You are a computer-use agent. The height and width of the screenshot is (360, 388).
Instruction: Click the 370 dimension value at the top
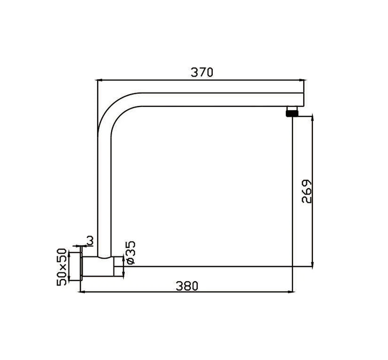click(x=202, y=73)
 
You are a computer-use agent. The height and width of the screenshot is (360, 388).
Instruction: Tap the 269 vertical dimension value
click(x=307, y=191)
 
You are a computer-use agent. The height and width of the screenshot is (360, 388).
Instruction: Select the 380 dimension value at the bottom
click(x=187, y=286)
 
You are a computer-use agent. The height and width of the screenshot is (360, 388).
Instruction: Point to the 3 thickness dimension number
click(x=90, y=240)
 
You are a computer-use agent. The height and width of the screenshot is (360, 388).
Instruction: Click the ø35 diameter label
click(x=131, y=253)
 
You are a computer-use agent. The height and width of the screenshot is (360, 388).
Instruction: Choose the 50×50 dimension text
click(x=62, y=266)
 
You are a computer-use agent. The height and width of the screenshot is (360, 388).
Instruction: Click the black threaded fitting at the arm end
click(x=292, y=112)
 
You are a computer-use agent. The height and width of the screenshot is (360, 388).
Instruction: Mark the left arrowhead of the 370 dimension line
click(x=100, y=80)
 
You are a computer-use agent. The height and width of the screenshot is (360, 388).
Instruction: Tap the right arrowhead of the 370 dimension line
click(x=302, y=80)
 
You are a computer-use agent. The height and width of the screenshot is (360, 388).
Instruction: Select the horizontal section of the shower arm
click(x=216, y=100)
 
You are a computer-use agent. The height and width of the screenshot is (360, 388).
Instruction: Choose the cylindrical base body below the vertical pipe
click(x=103, y=266)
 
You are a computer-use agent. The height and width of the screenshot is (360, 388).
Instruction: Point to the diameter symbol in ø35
click(x=131, y=261)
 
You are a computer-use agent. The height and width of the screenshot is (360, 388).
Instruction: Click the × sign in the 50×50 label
click(x=62, y=266)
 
